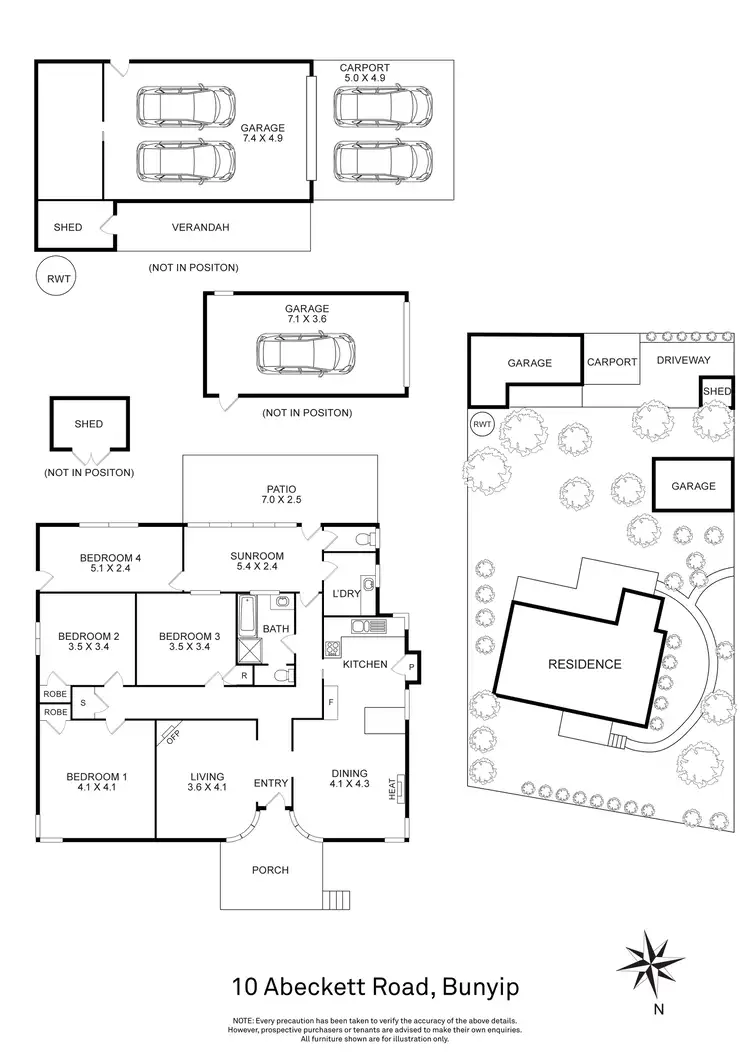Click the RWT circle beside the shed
pos(54,277)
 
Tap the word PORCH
pos(271,870)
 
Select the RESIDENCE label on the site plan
pos(585,663)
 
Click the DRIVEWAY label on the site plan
pos(683,360)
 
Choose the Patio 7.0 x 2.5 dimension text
pos(280,498)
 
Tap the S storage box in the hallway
pos(83,702)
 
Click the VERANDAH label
pos(200,227)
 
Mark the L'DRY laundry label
pos(346,595)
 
